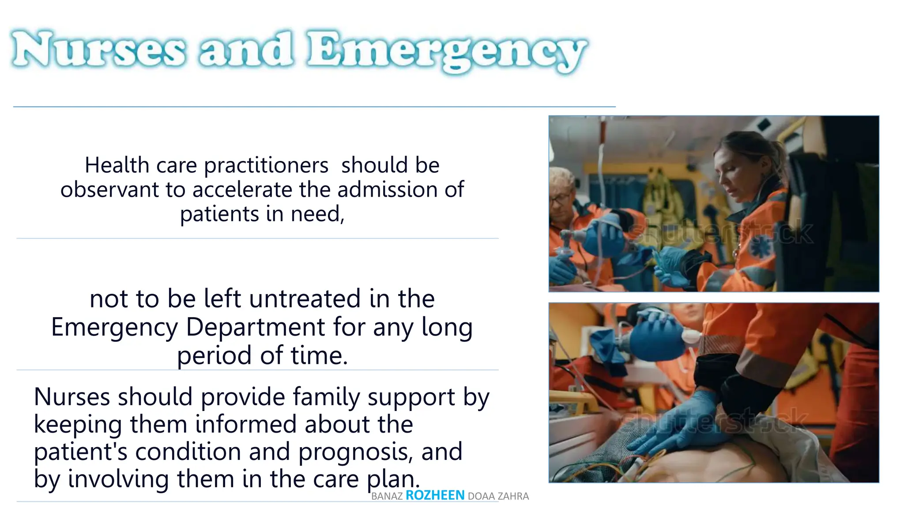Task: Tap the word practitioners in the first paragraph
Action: (x=266, y=166)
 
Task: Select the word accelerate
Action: (x=242, y=190)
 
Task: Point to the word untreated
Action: (x=305, y=299)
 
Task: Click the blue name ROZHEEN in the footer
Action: (x=435, y=495)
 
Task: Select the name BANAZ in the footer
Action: (x=387, y=497)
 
